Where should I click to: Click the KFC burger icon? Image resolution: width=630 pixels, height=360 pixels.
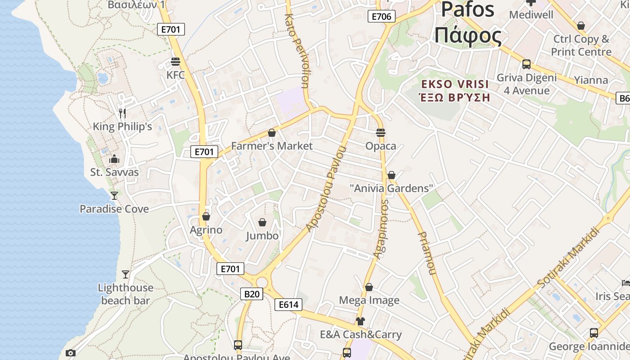point(175,62)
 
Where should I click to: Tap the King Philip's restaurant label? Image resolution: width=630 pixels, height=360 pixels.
point(122,127)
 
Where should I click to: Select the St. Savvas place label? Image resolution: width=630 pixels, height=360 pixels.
point(114,172)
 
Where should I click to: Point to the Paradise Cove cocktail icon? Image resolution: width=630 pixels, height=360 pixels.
point(114,195)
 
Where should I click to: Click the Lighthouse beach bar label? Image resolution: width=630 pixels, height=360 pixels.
point(126,294)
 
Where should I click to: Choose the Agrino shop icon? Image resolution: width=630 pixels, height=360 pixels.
point(206,216)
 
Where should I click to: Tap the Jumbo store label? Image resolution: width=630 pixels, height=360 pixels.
point(262,236)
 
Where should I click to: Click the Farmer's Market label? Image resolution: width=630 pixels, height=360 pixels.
point(272,146)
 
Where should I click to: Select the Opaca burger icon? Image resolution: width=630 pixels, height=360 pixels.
point(381,133)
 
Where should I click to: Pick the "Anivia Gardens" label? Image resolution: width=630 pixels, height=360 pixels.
point(391,188)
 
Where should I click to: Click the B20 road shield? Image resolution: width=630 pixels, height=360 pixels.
point(252,294)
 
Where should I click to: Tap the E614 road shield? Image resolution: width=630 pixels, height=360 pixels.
point(288,305)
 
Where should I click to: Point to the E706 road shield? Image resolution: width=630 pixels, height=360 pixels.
point(382,17)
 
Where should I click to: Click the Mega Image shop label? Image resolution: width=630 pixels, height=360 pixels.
point(369,300)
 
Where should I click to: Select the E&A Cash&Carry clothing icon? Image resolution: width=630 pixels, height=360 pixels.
point(360,321)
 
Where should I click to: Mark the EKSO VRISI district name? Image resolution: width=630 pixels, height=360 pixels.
point(454,90)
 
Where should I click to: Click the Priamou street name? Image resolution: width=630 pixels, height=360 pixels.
point(427,253)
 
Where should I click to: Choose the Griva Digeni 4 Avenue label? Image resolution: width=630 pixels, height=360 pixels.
point(526,84)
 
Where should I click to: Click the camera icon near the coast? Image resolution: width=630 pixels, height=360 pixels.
point(71,353)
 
